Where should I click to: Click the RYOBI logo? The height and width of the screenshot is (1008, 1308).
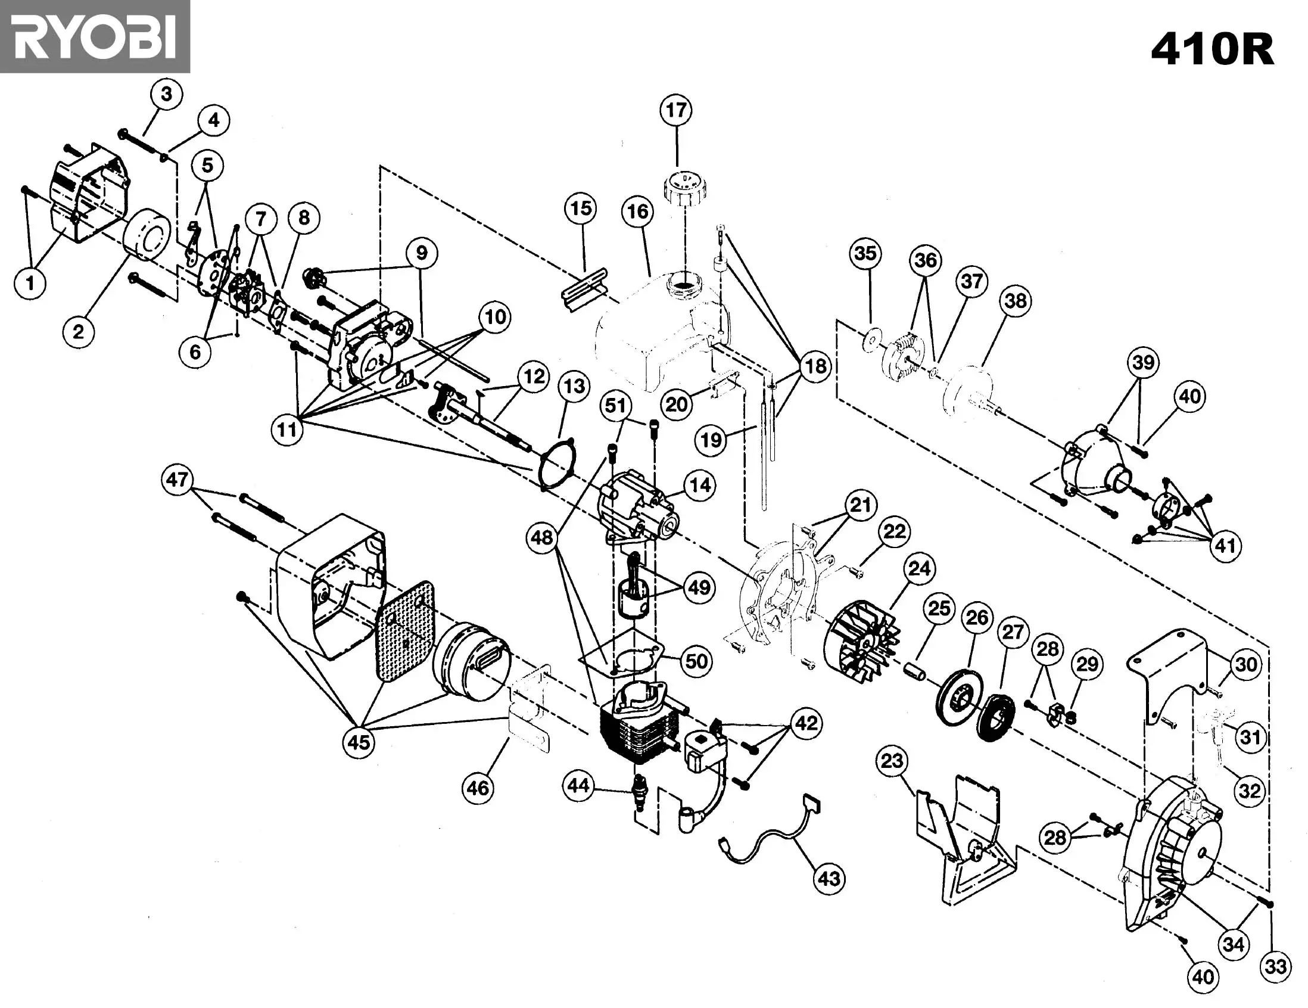coord(95,36)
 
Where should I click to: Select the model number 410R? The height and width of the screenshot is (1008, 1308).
coord(1212,49)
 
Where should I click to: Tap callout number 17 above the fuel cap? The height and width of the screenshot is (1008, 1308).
coord(676,110)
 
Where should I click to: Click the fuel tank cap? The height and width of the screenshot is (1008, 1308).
coord(686,188)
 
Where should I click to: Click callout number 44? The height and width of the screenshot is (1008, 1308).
coord(578,785)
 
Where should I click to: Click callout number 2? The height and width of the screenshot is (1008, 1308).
coord(79,331)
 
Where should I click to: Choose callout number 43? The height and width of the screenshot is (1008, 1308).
coord(829,879)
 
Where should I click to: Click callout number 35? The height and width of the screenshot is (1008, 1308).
coord(865,253)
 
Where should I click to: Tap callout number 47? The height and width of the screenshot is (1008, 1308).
coord(177,480)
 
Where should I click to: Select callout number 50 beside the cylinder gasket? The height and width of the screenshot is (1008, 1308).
coord(696,661)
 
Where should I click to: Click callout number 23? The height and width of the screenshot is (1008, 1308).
coord(892,761)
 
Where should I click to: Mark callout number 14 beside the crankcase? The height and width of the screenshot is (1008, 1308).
coord(700,485)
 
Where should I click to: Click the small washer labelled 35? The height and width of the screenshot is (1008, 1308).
coord(872,340)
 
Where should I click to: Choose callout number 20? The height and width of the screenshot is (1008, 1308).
coord(677,405)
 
